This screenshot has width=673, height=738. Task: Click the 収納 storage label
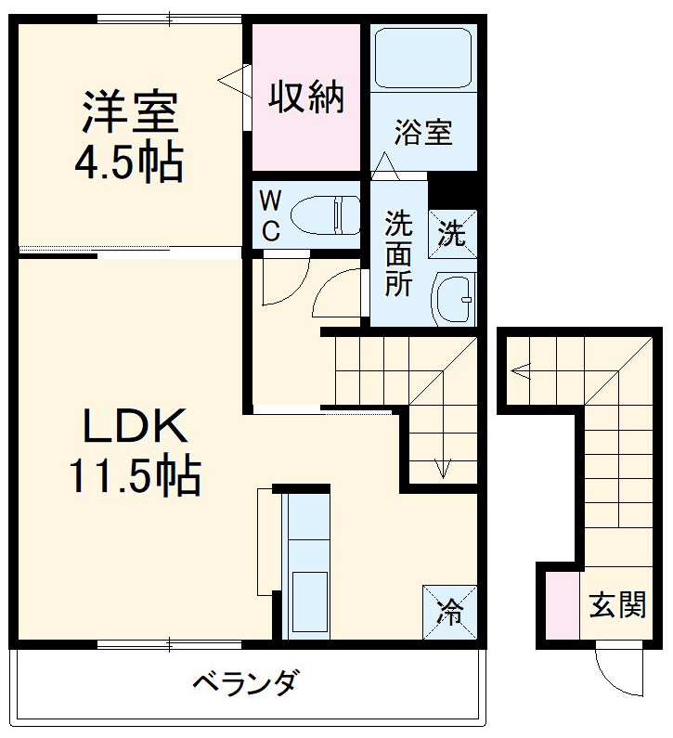pos(305,96)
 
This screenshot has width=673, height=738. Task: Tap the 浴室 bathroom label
pos(422,134)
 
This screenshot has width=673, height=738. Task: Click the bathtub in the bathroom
pos(422,58)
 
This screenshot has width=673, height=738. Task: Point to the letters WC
pos(269,215)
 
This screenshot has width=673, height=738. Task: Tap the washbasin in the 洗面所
pos(455,298)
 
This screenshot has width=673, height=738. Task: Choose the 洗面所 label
pos(399,254)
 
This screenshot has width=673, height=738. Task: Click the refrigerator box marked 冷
pos(449,611)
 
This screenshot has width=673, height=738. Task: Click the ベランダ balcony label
pos(245,685)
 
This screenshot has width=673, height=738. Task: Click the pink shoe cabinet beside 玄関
pos(561,605)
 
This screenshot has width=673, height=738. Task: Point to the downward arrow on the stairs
pos(444,463)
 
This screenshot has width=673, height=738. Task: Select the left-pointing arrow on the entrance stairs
pos(520,373)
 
